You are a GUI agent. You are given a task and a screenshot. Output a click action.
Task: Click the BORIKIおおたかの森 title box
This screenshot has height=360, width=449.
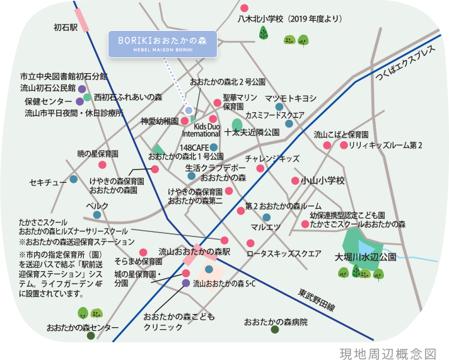point(162,43)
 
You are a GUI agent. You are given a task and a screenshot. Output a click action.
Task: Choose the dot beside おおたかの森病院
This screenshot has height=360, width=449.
point(274,330)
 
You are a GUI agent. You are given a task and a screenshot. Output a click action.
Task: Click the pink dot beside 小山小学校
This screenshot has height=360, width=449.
point(294,181)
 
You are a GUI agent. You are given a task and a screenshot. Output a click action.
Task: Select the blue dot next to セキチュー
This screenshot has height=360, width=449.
point(74,180)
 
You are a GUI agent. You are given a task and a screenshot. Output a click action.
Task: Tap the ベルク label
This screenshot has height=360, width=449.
point(97,206)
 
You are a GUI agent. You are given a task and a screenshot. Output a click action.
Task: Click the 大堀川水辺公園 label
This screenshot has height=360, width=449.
point(365,257)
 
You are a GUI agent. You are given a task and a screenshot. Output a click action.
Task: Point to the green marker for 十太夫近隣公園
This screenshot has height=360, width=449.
point(236,123)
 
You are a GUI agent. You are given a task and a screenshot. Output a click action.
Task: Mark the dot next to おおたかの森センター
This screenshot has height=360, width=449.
point(91,336)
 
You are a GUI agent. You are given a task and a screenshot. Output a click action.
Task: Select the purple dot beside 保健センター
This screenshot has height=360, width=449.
point(79,101)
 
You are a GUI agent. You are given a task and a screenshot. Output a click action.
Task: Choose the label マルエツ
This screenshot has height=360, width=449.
point(265,226)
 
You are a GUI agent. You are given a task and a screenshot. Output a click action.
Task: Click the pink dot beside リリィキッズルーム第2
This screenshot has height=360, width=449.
point(344,145)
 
